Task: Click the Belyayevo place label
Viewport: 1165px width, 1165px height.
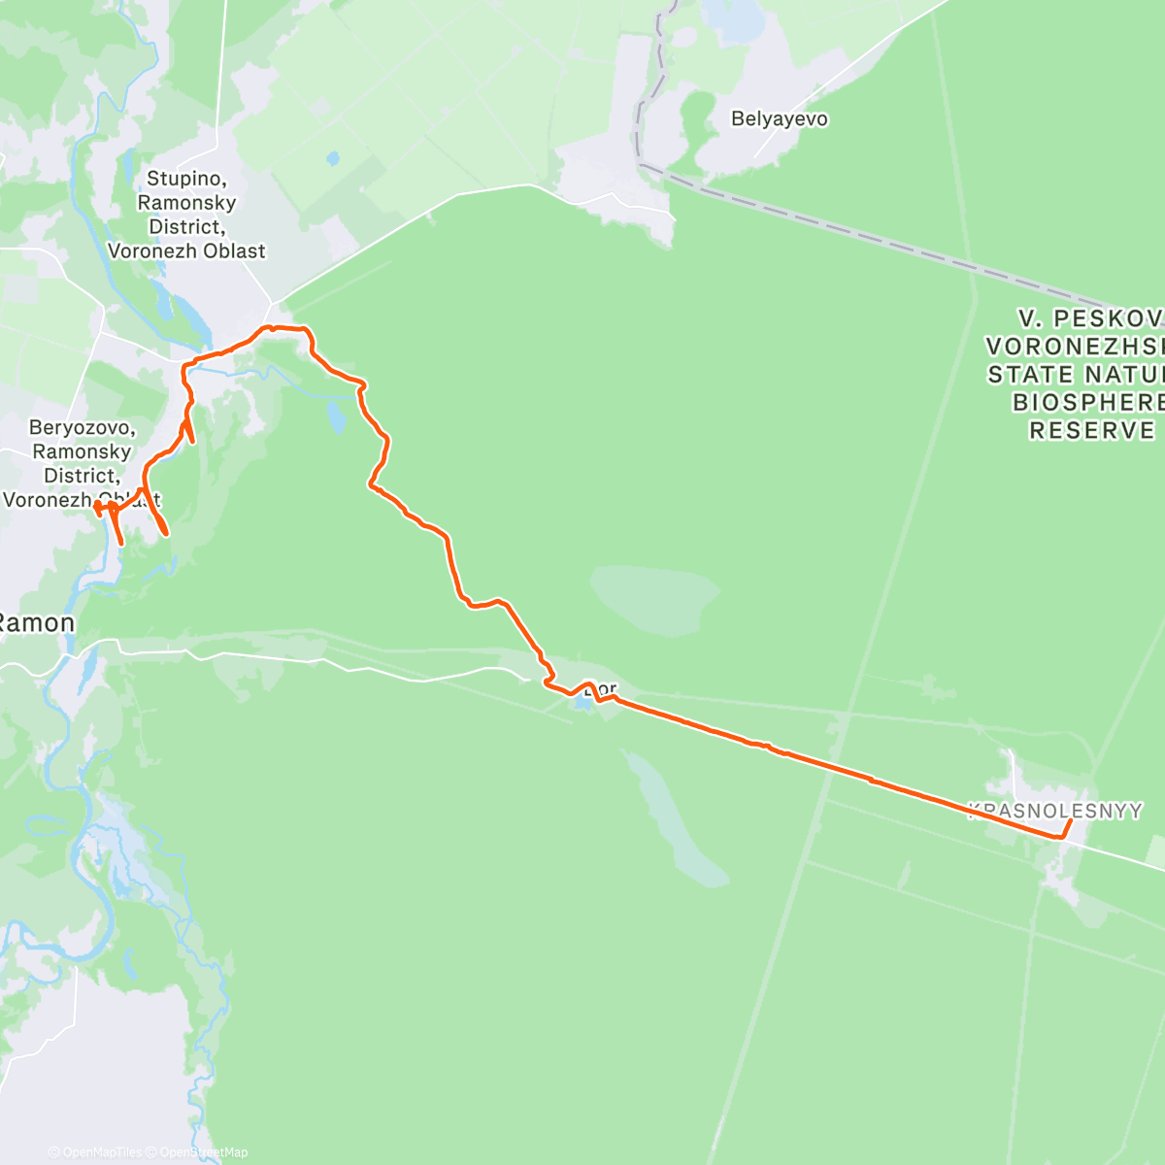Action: [x=780, y=119]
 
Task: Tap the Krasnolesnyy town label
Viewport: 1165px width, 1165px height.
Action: [x=1056, y=811]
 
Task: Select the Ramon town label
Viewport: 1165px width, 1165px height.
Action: [x=37, y=623]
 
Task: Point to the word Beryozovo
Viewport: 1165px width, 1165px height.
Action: [x=82, y=428]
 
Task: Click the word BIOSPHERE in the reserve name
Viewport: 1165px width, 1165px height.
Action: [x=1087, y=402]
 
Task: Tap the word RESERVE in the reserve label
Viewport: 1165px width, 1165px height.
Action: [x=1092, y=430]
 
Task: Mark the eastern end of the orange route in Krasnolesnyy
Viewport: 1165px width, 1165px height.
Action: [x=1070, y=821]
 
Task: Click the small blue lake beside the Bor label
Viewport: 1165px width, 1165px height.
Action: [x=582, y=701]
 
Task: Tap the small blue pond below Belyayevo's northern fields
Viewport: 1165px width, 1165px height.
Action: [x=334, y=157]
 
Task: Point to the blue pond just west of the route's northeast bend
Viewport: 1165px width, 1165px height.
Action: [x=336, y=416]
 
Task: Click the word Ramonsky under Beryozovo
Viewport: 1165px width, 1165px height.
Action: [x=82, y=452]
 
